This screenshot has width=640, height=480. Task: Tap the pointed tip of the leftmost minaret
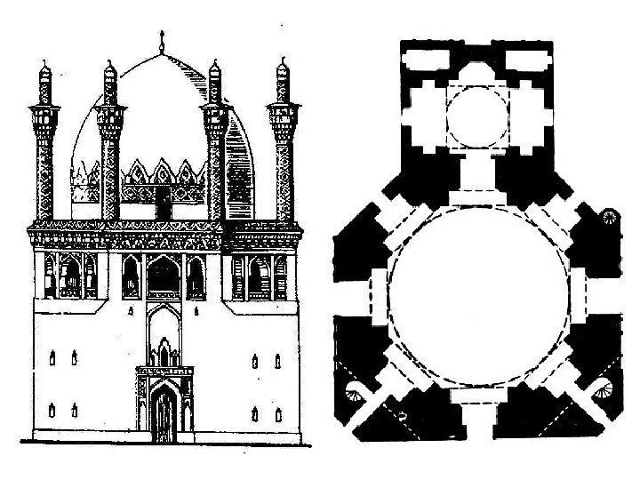point(44,62)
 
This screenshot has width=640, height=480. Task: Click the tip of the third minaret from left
point(214,64)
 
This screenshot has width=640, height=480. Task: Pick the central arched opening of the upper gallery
point(163,278)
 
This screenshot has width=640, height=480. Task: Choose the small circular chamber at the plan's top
point(476,116)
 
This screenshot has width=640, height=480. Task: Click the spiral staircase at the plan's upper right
point(610,218)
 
